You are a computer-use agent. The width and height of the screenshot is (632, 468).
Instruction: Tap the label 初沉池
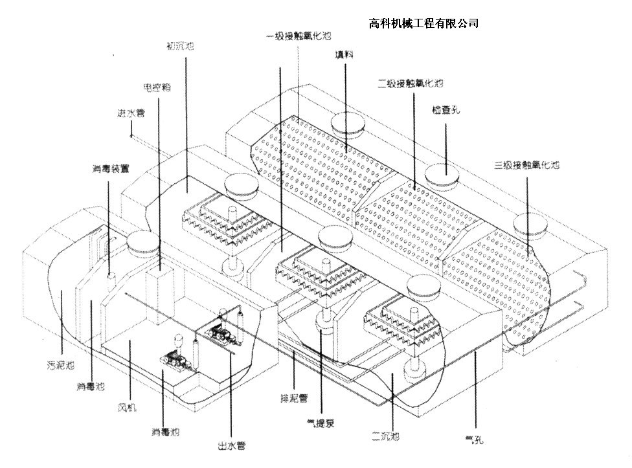181,47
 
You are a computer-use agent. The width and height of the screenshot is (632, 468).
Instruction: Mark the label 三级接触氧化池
527,166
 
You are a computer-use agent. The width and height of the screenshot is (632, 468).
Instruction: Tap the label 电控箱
156,85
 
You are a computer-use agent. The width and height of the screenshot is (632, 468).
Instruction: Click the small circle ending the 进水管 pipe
131,137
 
